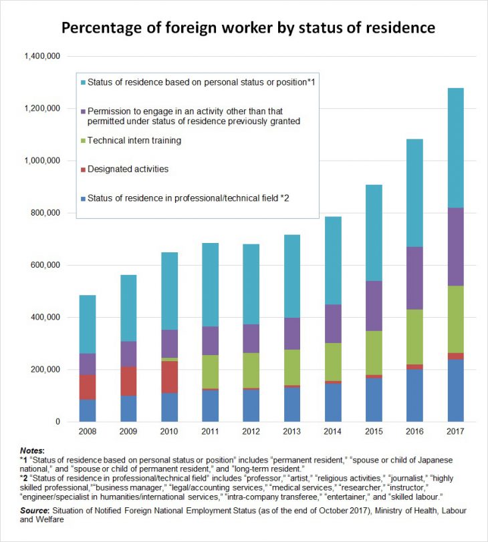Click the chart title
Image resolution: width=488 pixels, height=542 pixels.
pos(248,28)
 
